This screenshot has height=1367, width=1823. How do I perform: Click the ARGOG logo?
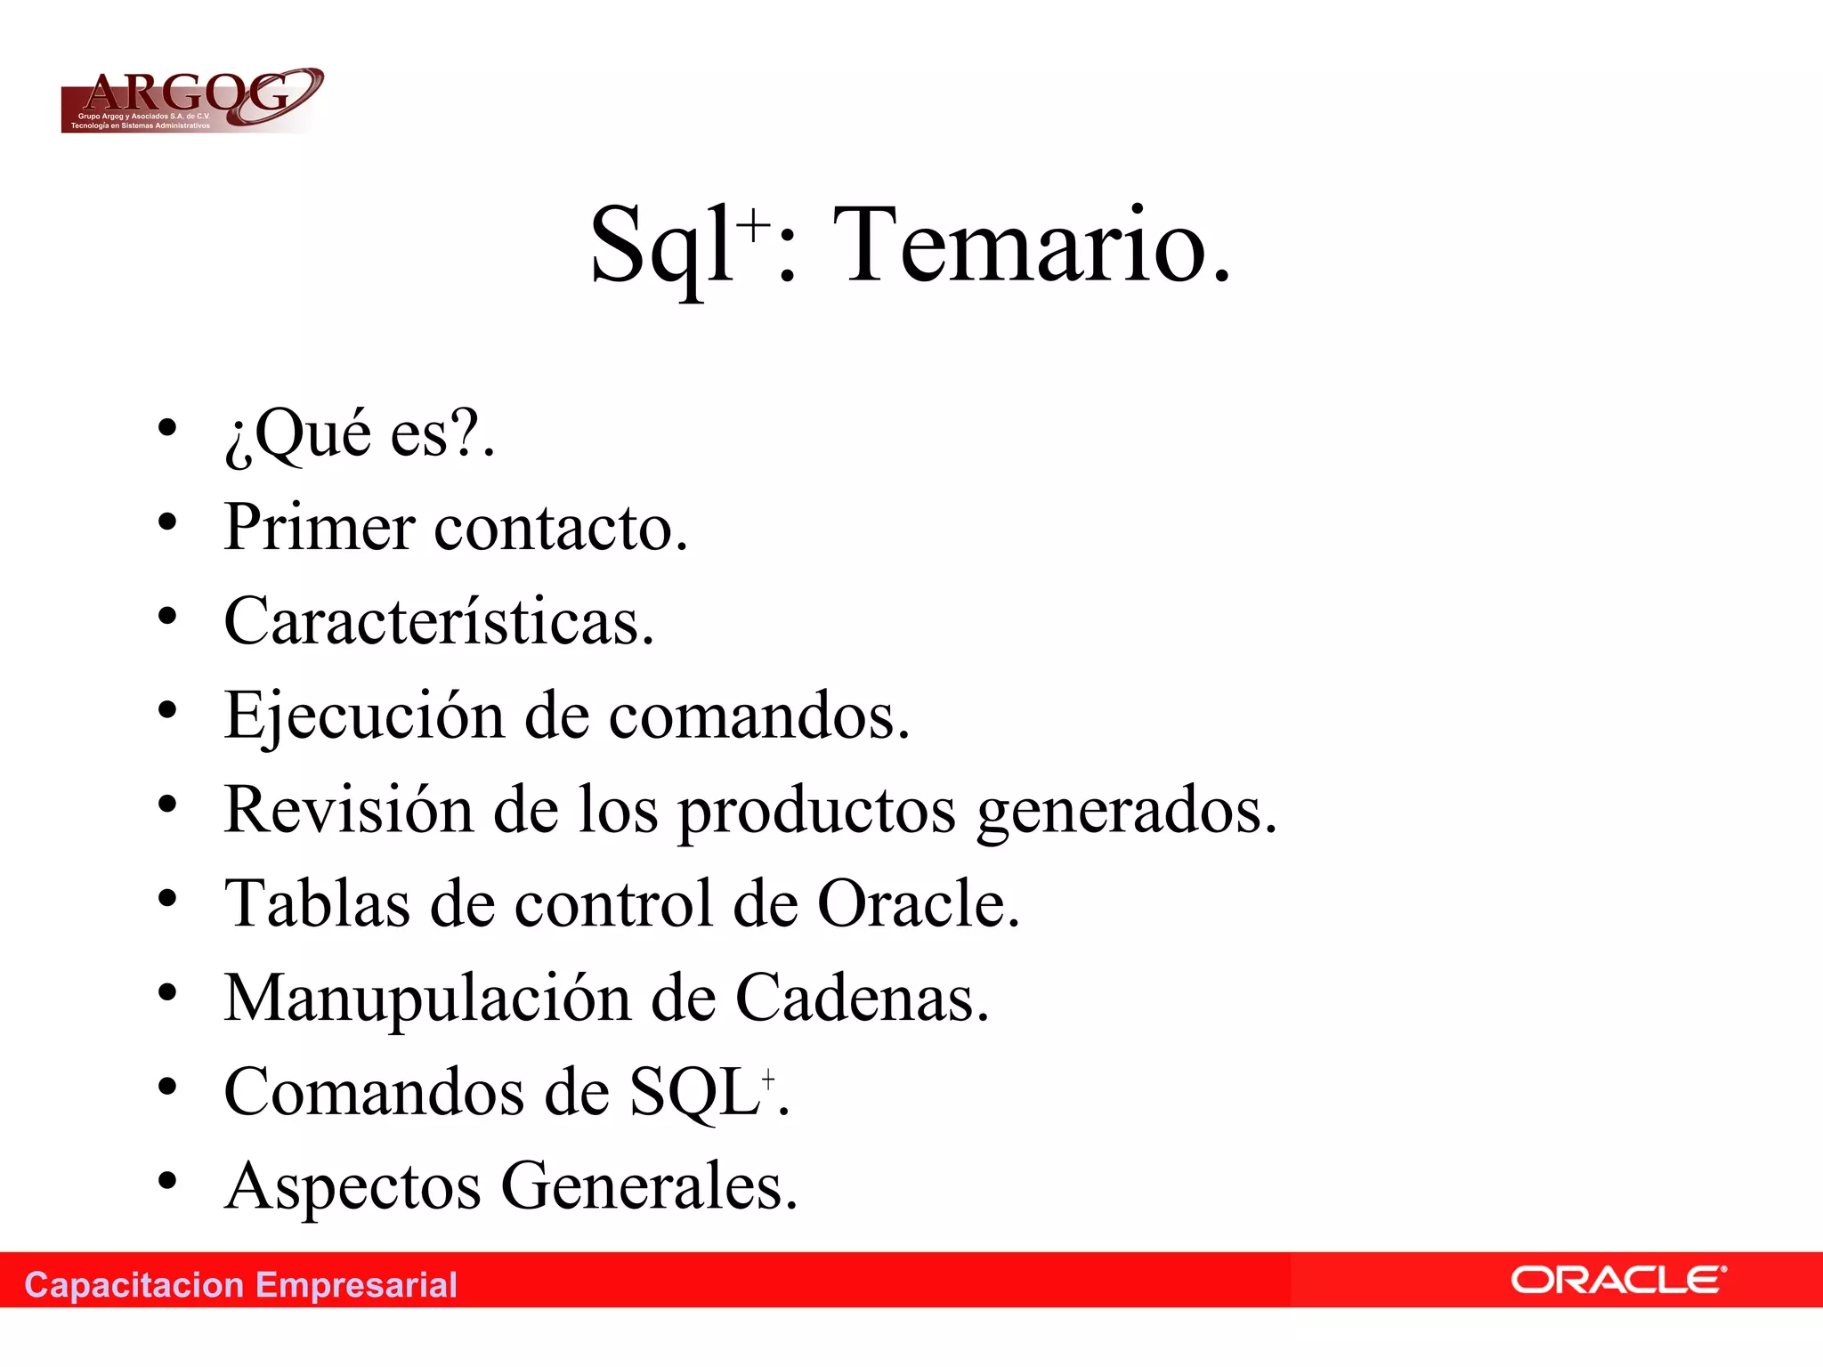190,100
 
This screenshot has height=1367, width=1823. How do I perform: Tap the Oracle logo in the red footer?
1617,1281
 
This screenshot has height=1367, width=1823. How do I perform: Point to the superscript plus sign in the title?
754,224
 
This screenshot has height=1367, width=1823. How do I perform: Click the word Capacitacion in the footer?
134,1285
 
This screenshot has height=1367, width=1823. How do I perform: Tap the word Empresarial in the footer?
356,1285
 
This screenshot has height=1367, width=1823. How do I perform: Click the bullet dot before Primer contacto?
167,522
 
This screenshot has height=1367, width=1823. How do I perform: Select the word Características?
438,621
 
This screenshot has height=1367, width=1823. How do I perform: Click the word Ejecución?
364,716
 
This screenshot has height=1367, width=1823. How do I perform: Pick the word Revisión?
348,810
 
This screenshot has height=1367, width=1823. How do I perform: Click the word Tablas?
317,904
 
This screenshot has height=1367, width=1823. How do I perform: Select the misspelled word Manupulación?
427,999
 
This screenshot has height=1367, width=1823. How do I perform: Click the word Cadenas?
861,999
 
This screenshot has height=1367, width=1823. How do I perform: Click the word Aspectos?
352,1187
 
